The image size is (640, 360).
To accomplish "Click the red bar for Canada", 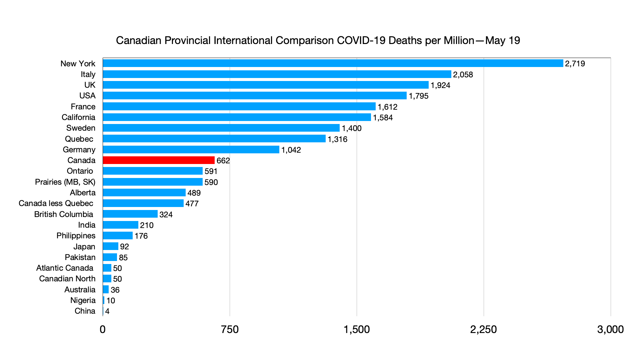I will point(159,160).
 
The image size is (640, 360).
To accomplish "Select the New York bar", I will point(333,63).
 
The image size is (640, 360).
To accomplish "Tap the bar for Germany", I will point(191,150).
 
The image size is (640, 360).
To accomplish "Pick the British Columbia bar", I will point(130,214).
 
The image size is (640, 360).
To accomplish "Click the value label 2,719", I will point(575,64).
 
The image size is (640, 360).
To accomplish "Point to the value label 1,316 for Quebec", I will point(337,139).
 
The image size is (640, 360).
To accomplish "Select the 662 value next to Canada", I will point(223,161).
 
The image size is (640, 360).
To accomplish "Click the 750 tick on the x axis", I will point(230,329).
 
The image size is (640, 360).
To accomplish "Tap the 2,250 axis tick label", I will point(483,329).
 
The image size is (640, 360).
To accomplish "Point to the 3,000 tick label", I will point(610,329).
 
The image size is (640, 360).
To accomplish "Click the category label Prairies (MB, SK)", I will point(65,182).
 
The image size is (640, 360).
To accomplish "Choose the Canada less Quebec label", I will point(56,203).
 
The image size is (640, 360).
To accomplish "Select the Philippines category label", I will point(76,236).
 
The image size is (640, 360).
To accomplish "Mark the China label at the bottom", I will point(85,311).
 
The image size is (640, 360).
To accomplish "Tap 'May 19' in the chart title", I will point(502,40).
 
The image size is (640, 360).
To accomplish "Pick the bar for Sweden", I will point(221,128).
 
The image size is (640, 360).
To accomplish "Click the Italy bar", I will point(277,74).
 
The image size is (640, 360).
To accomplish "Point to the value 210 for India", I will point(147,225).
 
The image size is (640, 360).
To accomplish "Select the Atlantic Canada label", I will point(65,268).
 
